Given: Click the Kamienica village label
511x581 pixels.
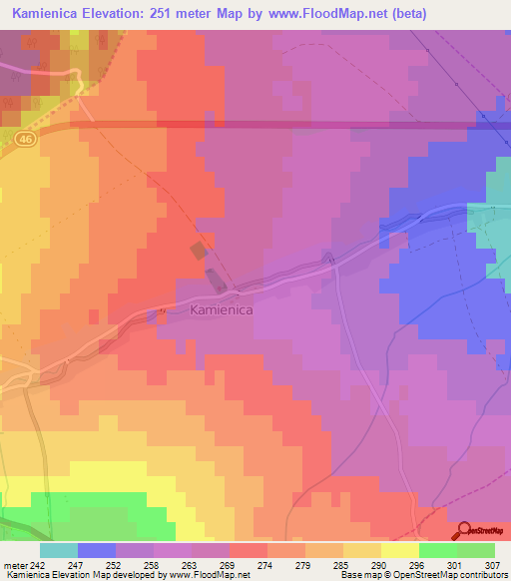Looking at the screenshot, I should (221, 310).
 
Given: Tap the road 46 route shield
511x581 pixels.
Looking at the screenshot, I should (25, 142).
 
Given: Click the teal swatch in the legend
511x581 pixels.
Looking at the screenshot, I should (59, 550).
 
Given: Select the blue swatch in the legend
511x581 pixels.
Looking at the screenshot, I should (97, 550).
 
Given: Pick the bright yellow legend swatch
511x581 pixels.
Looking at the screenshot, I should (399, 550).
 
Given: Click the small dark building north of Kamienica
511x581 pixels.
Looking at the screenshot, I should (200, 249).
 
